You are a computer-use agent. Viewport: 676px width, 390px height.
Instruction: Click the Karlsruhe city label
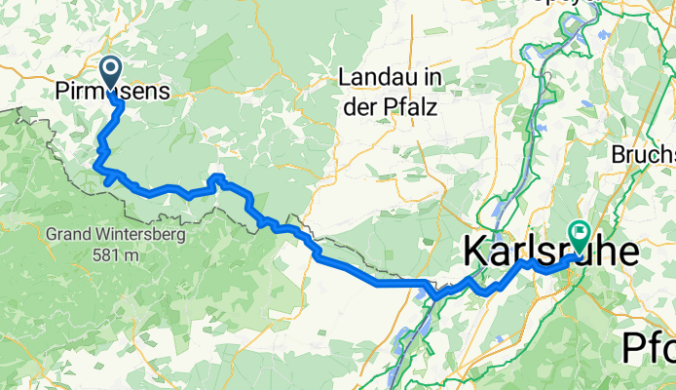pyautogui.click(x=550, y=253)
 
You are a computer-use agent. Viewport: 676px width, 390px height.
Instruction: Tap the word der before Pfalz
pyautogui.click(x=359, y=104)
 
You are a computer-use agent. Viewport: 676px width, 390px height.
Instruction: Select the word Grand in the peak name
pyautogui.click(x=68, y=235)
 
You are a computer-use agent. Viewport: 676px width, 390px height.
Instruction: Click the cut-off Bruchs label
pyautogui.click(x=643, y=155)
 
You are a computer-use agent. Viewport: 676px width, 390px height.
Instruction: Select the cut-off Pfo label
pyautogui.click(x=649, y=347)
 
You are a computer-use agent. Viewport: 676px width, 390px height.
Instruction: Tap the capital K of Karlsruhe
pyautogui.click(x=472, y=253)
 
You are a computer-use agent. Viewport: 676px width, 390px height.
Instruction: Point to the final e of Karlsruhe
pyautogui.click(x=630, y=253)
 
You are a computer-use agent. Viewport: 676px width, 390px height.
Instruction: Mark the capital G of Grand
pyautogui.click(x=51, y=235)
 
